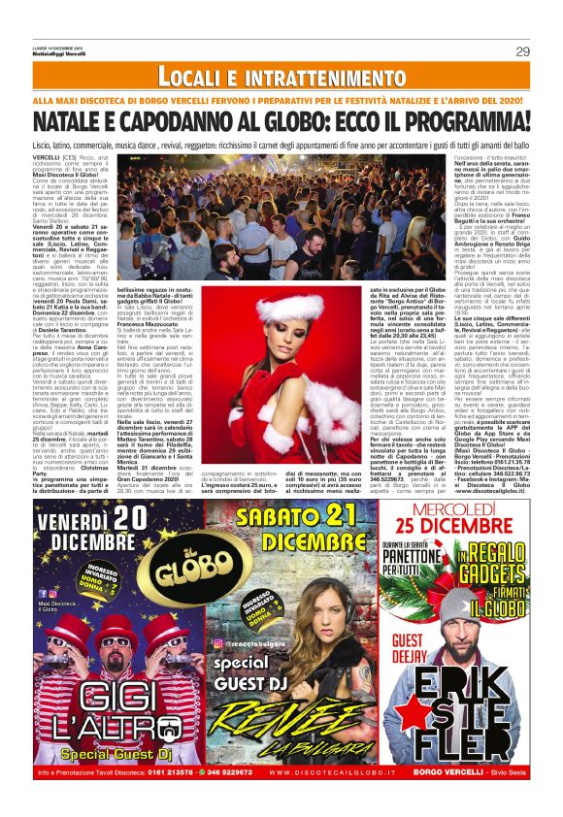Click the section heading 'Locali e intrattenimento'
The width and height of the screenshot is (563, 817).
pyautogui.click(x=281, y=76)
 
